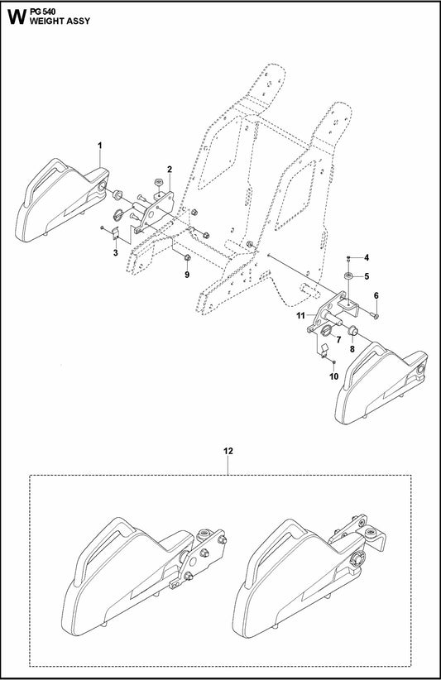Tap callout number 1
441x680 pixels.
click(x=100, y=146)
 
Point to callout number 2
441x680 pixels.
click(x=169, y=170)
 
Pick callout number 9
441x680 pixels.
click(x=186, y=274)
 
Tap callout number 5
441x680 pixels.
click(x=367, y=275)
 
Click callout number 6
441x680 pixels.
click(x=376, y=295)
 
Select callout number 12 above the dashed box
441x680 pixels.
click(x=228, y=451)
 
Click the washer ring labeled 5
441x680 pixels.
click(x=349, y=275)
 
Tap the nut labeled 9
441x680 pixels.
click(x=186, y=260)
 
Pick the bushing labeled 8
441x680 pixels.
click(x=351, y=333)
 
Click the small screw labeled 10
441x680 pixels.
click(x=332, y=362)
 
